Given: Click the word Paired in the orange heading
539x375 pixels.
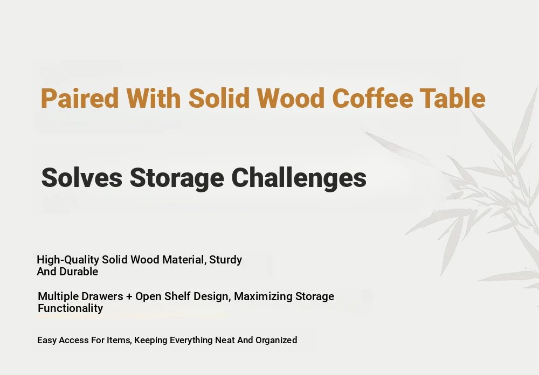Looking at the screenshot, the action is coord(80,98).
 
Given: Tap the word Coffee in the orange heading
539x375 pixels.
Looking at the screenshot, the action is coord(372,98).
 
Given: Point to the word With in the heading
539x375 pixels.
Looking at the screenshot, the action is coord(153,98).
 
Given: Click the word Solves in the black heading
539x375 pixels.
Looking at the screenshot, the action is coord(82,178).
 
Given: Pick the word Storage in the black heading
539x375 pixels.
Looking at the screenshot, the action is coord(177,179).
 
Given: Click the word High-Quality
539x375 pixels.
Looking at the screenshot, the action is coord(68,260).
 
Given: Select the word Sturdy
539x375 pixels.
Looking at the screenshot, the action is coord(225,260).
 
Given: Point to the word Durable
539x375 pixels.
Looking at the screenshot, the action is coord(79,272).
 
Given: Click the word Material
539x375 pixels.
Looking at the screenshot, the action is coord(184,260).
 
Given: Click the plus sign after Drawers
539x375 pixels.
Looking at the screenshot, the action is coord(129,297).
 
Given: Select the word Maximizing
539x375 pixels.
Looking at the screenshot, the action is coord(263,297).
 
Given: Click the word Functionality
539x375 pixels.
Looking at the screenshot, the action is coord(71,309).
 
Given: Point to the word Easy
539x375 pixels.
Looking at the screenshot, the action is coord(47,341).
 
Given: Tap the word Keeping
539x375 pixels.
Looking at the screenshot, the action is coord(151,341).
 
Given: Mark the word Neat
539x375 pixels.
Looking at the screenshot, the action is coord(225,341).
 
